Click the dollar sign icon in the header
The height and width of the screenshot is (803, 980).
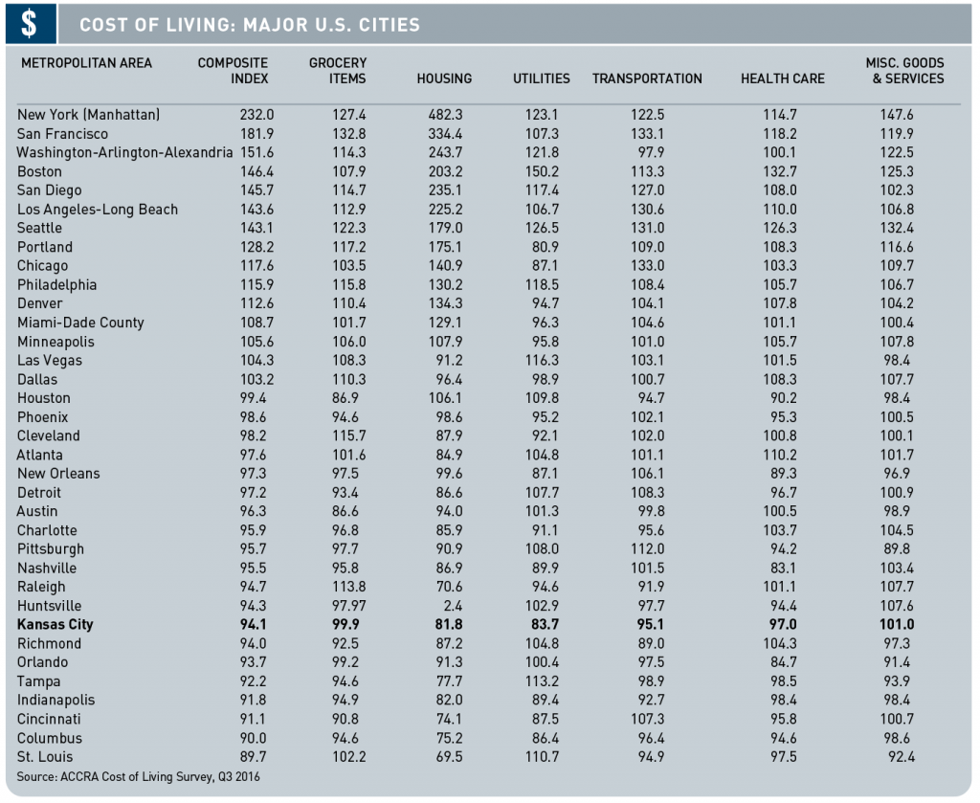tap(30, 24)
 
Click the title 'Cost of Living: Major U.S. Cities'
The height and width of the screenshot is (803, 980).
tap(250, 25)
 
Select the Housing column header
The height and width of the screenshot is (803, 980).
tap(444, 78)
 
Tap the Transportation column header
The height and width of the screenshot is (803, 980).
tap(647, 78)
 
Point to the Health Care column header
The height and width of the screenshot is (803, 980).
tap(783, 78)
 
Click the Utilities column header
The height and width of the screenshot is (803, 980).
tap(542, 78)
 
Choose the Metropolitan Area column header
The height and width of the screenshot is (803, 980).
tap(86, 63)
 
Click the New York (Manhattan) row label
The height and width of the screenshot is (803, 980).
tap(88, 115)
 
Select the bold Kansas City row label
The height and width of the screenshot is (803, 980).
tap(55, 624)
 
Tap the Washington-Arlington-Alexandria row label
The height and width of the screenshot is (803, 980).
tap(124, 152)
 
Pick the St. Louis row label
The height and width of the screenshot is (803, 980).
tap(44, 757)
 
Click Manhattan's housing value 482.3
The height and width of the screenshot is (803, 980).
tap(446, 115)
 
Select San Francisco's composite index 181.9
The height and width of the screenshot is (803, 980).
tap(256, 134)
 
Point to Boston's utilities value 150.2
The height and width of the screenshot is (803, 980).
tap(542, 172)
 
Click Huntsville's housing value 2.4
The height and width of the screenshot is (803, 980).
tap(453, 606)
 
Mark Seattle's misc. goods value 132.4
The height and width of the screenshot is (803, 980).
tap(897, 228)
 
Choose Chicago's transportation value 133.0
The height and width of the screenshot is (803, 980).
tap(648, 265)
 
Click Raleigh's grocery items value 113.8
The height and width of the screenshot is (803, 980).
tap(348, 587)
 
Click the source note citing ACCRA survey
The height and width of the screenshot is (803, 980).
tap(138, 777)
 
